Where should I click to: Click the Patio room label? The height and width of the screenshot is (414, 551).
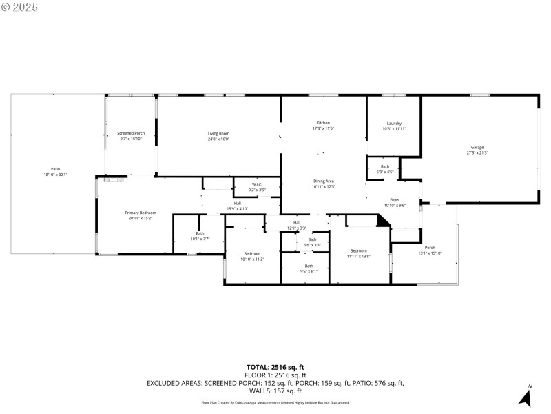(x=55, y=169)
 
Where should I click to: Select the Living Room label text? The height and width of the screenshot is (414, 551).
(x=218, y=133)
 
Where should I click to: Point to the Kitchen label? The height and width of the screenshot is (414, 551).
(x=323, y=123)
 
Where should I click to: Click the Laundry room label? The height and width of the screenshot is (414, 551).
(x=394, y=124)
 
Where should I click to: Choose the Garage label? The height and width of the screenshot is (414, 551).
(x=477, y=147)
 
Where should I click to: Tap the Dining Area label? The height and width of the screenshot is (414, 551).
(x=323, y=181)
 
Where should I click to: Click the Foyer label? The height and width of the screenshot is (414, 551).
(x=395, y=199)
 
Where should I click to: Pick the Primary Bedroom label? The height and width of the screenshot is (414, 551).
(x=140, y=213)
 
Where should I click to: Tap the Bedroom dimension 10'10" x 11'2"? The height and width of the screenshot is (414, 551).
(x=251, y=259)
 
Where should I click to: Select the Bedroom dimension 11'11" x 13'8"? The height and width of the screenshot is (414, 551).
(x=358, y=256)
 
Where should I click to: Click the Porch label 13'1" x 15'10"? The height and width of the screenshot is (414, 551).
(x=430, y=253)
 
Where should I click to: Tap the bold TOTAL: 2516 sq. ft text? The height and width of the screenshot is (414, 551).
(x=275, y=367)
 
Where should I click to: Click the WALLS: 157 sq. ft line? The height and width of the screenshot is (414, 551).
(x=275, y=391)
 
